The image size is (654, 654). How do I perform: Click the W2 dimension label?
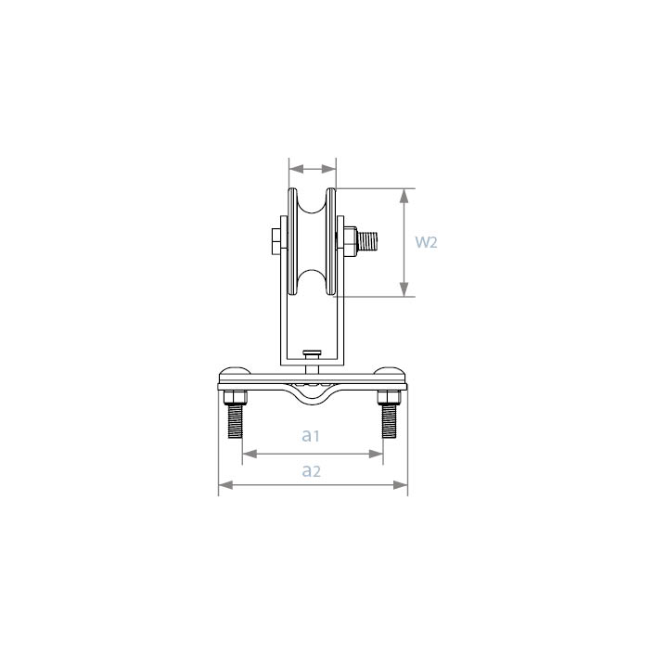[x=426, y=242]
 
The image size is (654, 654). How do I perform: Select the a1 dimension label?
[x=311, y=435]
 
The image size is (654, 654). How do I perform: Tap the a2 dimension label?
[x=311, y=471]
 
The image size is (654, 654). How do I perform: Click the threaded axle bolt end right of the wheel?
[x=367, y=241]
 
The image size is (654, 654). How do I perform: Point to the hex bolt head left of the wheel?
[x=276, y=241]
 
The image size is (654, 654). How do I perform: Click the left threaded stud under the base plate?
[x=236, y=422]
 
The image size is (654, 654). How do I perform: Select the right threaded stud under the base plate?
[x=389, y=422]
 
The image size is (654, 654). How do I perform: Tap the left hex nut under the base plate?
[x=236, y=397]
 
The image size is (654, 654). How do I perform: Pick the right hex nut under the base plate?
[x=389, y=397]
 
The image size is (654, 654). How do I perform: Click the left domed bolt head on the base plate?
[x=235, y=370]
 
